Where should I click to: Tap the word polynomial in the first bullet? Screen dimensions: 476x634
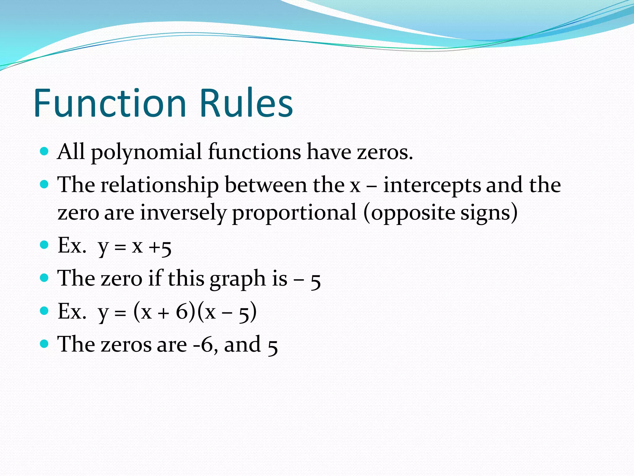click(146, 152)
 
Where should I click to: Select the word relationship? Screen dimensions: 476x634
click(159, 185)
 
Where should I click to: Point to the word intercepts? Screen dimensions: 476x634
click(432, 185)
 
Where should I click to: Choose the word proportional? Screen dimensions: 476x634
click(294, 213)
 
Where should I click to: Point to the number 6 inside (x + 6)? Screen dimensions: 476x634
click(182, 311)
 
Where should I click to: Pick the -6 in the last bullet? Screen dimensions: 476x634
click(203, 345)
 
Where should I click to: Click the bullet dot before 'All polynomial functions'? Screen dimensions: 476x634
click(45, 151)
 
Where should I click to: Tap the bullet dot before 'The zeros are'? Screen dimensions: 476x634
click(45, 343)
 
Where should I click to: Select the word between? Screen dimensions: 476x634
click(266, 185)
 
